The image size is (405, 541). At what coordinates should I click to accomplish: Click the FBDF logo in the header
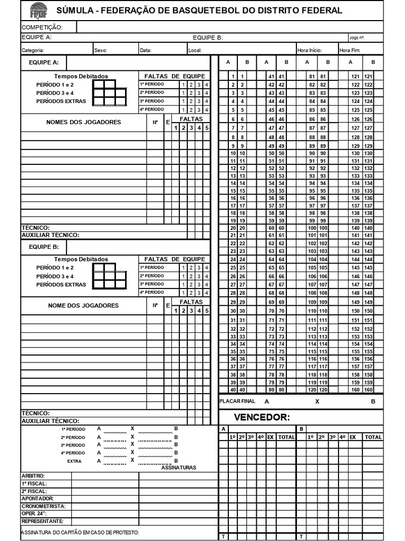tap(38, 10)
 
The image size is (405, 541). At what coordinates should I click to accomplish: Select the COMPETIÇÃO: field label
tap(42, 27)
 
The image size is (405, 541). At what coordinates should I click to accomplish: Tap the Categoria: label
tap(33, 51)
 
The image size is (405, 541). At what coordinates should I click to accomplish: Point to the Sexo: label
tap(101, 51)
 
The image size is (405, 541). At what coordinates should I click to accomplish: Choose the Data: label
tap(146, 51)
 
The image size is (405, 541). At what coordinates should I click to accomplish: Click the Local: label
tap(195, 51)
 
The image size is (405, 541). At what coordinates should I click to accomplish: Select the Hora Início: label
tap(310, 51)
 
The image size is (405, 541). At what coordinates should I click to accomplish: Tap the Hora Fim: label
tap(350, 51)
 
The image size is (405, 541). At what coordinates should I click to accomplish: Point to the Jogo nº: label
tap(356, 38)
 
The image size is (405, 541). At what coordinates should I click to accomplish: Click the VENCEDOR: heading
tap(262, 418)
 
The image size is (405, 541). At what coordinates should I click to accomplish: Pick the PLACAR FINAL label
tap(237, 402)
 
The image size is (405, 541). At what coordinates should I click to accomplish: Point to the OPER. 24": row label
tap(34, 514)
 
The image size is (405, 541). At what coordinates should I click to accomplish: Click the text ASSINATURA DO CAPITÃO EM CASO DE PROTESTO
tap(80, 533)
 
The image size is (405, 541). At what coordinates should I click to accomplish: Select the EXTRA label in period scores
tap(74, 461)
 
